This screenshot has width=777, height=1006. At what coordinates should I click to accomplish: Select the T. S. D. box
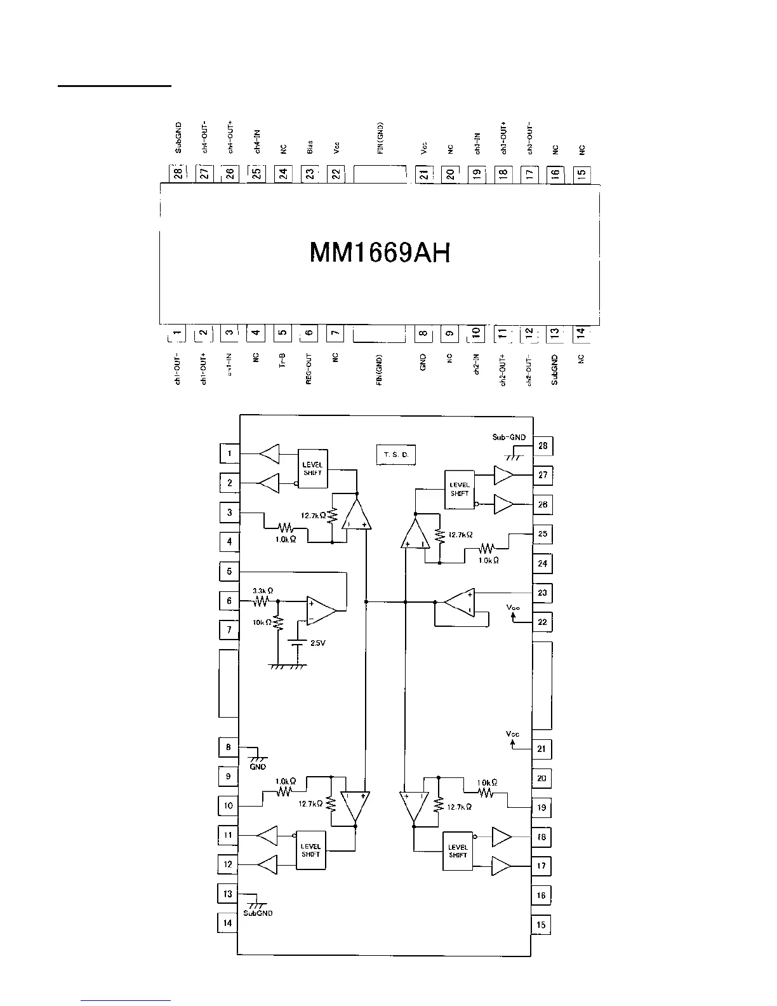pyautogui.click(x=395, y=455)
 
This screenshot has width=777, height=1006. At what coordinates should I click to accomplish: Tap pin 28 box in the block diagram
pyautogui.click(x=543, y=446)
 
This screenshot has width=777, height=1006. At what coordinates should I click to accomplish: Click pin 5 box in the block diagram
pyautogui.click(x=229, y=572)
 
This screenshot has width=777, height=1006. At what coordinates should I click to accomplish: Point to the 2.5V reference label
pyautogui.click(x=317, y=643)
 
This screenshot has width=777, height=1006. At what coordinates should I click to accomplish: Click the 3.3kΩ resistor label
pyautogui.click(x=263, y=591)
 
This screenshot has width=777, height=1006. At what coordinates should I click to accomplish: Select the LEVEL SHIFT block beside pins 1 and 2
pyautogui.click(x=312, y=469)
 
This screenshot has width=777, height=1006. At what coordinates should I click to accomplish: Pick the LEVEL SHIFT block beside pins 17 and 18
pyautogui.click(x=458, y=851)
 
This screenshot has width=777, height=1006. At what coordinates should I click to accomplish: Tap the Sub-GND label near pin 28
pyautogui.click(x=508, y=437)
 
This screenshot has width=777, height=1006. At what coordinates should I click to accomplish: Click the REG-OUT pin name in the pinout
pyautogui.click(x=309, y=370)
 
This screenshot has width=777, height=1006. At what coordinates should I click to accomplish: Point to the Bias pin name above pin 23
pyautogui.click(x=310, y=147)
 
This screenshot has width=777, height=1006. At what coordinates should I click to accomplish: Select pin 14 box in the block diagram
pyautogui.click(x=227, y=923)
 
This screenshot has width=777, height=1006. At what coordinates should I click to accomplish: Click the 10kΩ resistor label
pyautogui.click(x=262, y=622)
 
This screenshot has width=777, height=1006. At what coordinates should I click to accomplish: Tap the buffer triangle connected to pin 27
pyautogui.click(x=503, y=474)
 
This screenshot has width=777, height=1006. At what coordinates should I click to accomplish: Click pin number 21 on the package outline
pyautogui.click(x=423, y=173)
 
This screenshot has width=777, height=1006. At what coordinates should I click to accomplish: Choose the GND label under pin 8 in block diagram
pyautogui.click(x=258, y=767)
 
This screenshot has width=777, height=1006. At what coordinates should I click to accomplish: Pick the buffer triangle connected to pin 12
pyautogui.click(x=268, y=864)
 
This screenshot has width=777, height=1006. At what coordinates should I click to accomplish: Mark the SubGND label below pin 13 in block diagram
pyautogui.click(x=258, y=913)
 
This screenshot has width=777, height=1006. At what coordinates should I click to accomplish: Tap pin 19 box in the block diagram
pyautogui.click(x=541, y=808)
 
